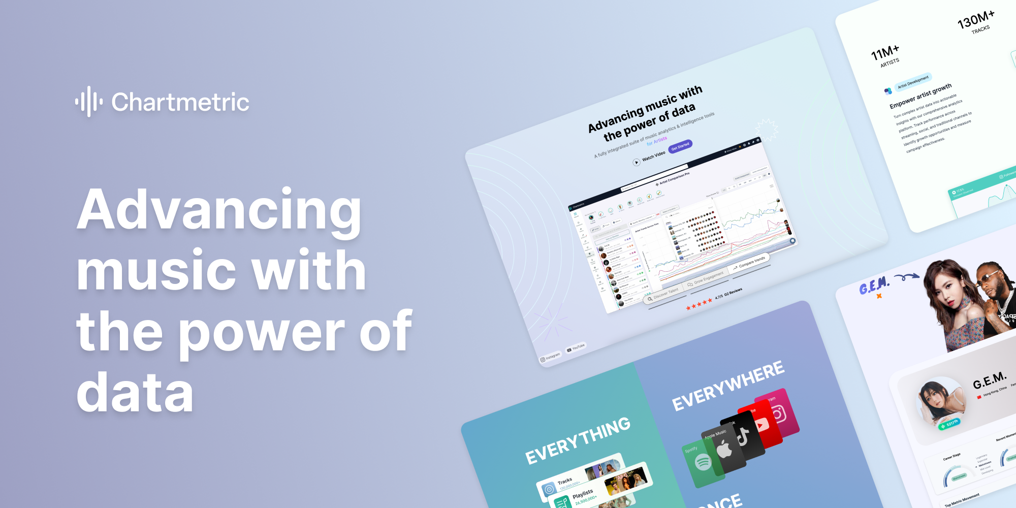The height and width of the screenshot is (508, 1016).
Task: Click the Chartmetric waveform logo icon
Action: pyautogui.click(x=89, y=102)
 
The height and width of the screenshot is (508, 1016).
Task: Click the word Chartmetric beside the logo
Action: pyautogui.click(x=180, y=102)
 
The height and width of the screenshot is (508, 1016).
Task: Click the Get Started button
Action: pyautogui.click(x=680, y=146)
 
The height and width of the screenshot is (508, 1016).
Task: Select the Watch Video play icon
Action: pyautogui.click(x=636, y=163)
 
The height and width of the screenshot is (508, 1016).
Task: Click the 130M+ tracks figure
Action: pyautogui.click(x=976, y=19)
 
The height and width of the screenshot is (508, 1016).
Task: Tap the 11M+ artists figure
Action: pyautogui.click(x=885, y=52)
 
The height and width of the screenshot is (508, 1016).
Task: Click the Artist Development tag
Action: pyautogui.click(x=913, y=82)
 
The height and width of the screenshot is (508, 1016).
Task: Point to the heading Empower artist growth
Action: pyautogui.click(x=920, y=95)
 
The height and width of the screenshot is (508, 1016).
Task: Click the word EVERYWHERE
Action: pyautogui.click(x=728, y=386)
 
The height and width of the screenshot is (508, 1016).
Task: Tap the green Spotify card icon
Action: pyautogui.click(x=703, y=463)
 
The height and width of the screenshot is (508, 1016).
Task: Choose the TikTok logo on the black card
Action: pyautogui.click(x=743, y=436)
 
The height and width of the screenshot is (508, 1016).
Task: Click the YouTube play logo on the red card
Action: pyautogui.click(x=761, y=425)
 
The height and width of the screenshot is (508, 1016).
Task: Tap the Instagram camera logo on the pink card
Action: pyautogui.click(x=778, y=415)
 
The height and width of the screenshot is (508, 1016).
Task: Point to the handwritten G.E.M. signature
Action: pyautogui.click(x=874, y=286)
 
